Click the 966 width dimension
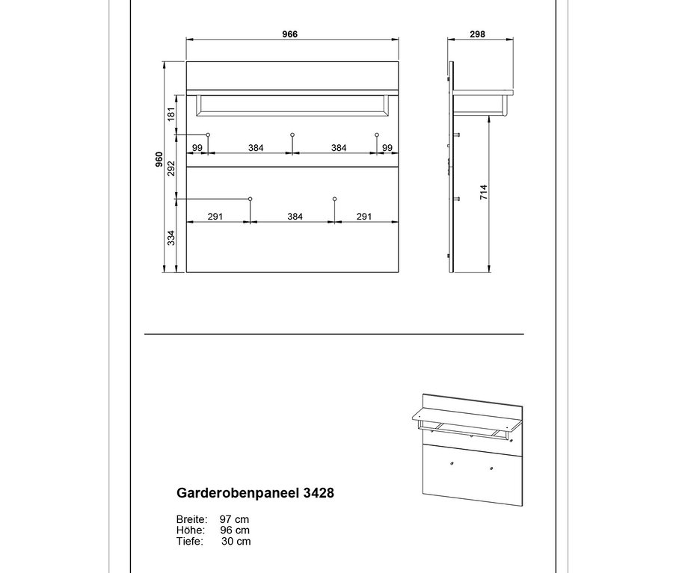point(290,34)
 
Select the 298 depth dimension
point(478,34)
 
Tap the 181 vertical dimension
point(171,114)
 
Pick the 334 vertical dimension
point(171,238)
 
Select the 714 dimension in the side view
point(484,192)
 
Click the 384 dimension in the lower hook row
point(295,217)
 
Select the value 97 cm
point(234,519)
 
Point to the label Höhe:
point(189,530)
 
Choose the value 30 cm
point(236,542)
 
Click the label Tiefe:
point(189,542)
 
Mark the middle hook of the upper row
point(292,134)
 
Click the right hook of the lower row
point(334,199)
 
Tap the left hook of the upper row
point(208,134)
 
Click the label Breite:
point(191,519)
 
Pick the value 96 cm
point(235,530)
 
